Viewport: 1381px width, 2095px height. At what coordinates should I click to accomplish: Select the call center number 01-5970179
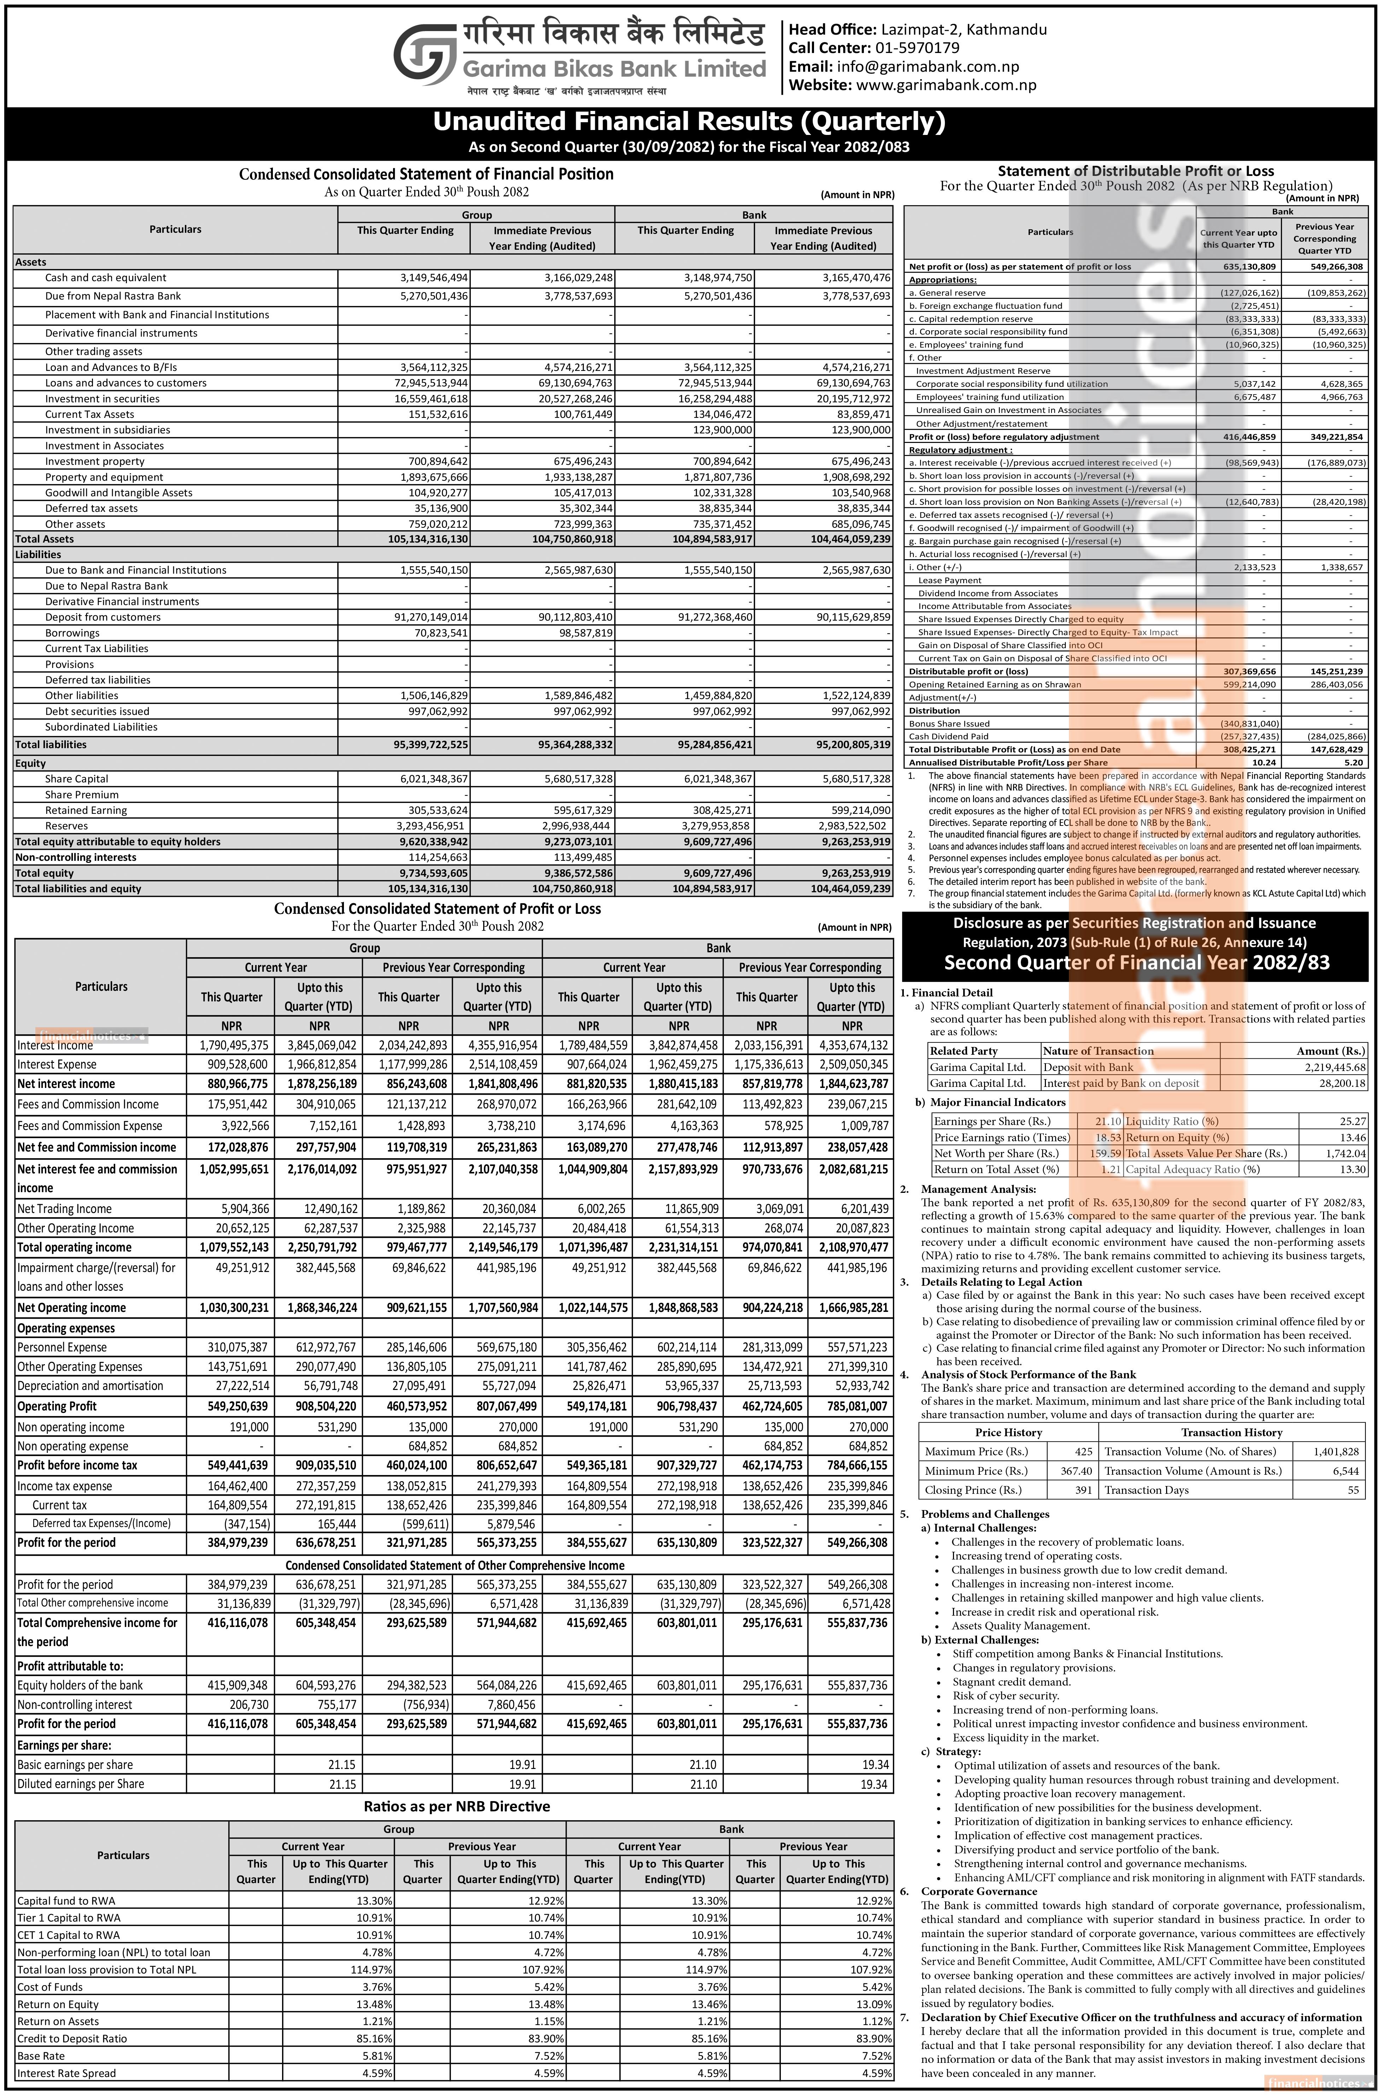click(x=917, y=48)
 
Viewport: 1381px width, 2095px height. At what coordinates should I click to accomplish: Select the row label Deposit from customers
click(x=103, y=617)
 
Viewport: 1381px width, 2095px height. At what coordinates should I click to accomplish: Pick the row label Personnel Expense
click(x=62, y=1347)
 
